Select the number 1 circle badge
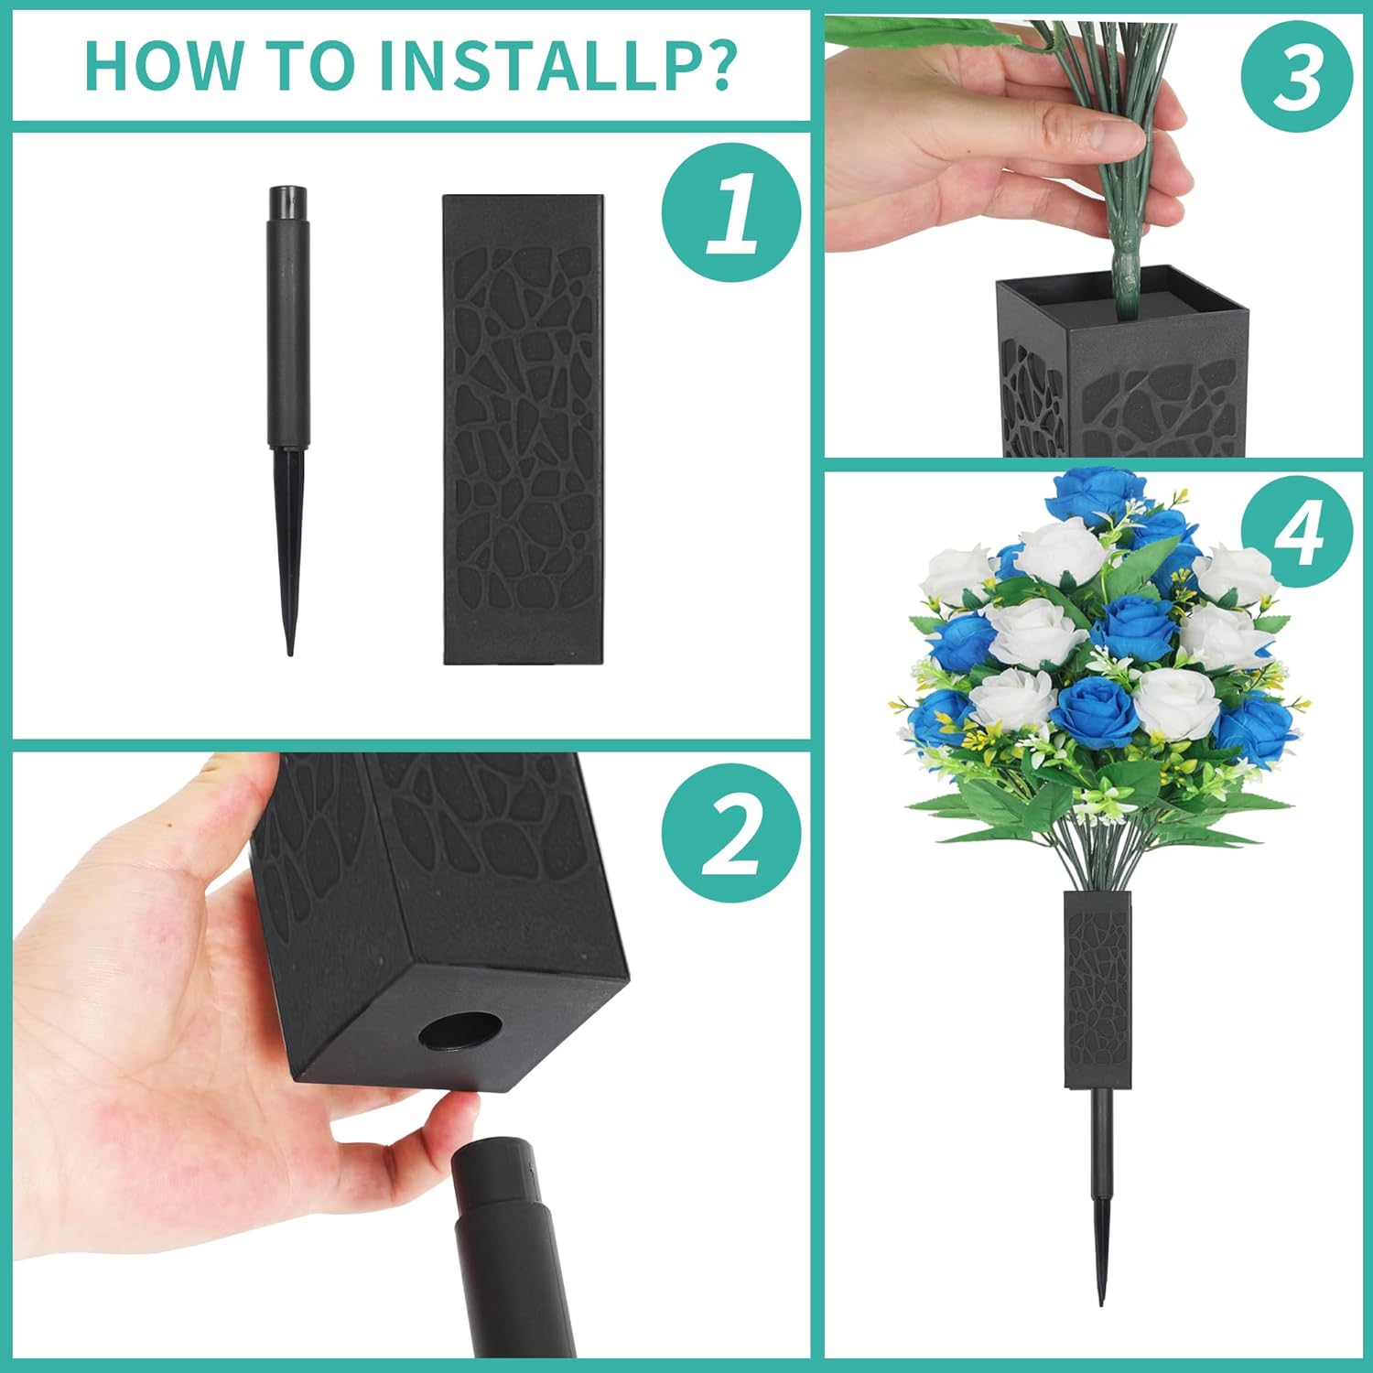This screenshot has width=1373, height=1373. click(x=731, y=213)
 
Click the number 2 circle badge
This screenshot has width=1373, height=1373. click(x=731, y=833)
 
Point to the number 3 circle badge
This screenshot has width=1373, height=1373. click(x=1297, y=78)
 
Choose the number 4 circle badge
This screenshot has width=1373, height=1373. click(x=1297, y=534)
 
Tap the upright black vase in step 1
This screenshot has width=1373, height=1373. click(x=524, y=429)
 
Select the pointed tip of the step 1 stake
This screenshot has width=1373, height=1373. click(x=290, y=652)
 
